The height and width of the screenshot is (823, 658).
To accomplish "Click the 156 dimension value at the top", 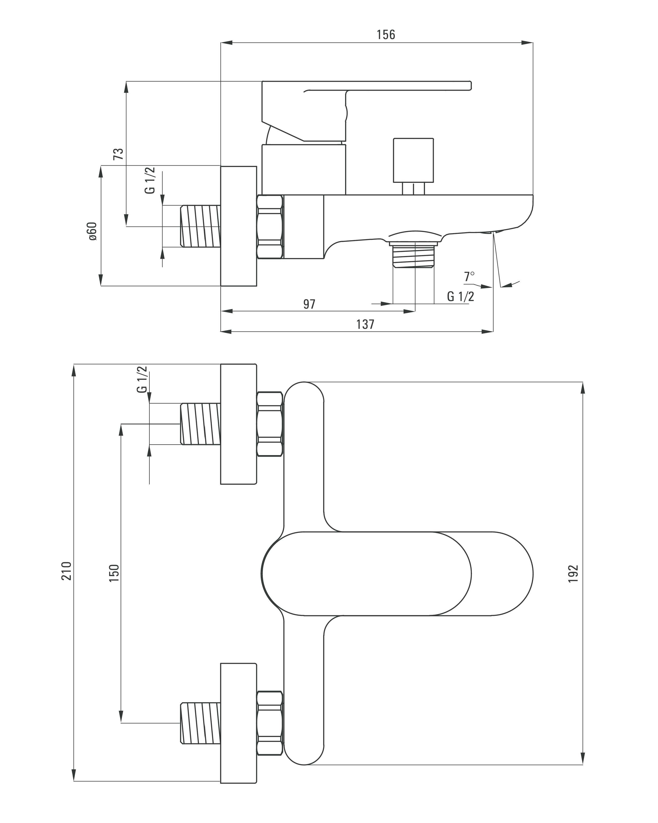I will click(x=386, y=35).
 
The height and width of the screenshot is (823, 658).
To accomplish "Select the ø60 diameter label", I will click(x=93, y=231).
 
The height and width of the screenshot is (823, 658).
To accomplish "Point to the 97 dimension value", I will click(x=309, y=304).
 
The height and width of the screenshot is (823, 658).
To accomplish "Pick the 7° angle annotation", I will click(x=469, y=276).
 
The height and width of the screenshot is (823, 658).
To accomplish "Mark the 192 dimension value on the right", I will click(x=574, y=574).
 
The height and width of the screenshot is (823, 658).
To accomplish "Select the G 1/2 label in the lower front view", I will click(x=142, y=379).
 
